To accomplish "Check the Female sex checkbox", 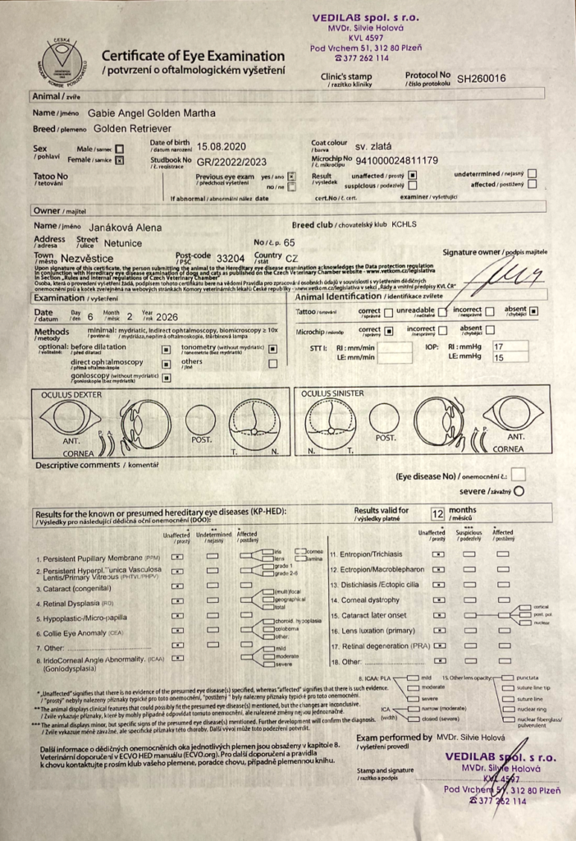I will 120,161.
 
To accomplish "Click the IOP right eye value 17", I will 520,347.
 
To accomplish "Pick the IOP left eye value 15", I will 520,359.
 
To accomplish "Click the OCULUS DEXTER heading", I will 72,394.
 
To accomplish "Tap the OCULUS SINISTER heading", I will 332,393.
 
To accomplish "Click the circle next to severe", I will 518,490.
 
